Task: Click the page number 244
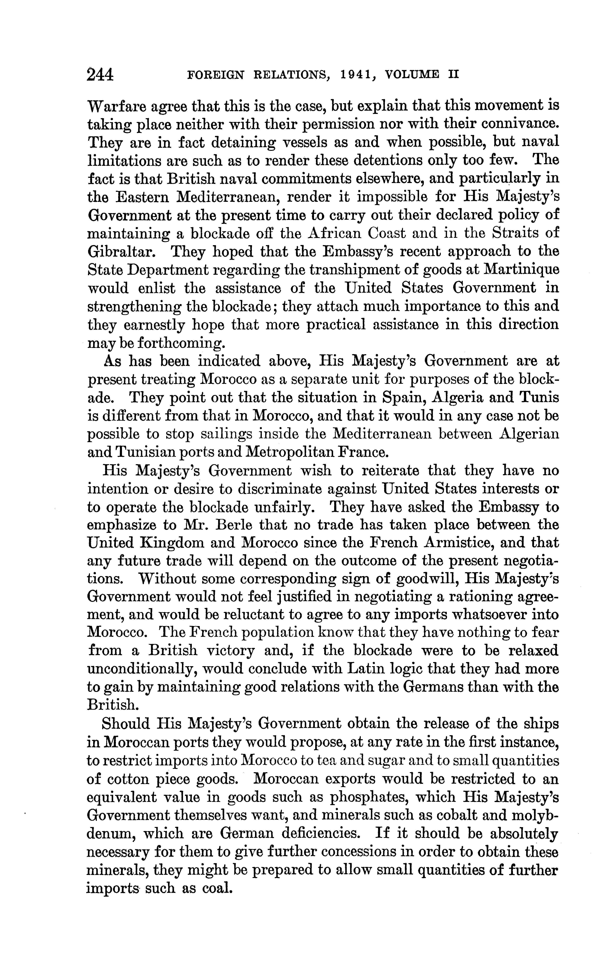pos(100,74)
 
